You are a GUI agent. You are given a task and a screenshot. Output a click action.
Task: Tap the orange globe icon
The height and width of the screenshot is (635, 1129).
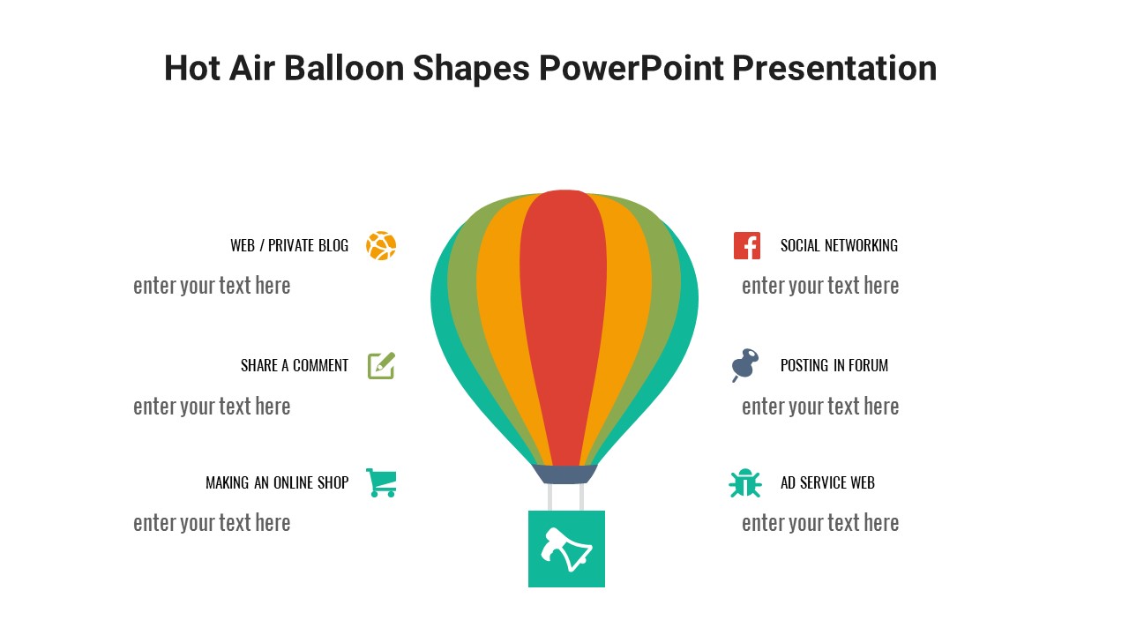(381, 246)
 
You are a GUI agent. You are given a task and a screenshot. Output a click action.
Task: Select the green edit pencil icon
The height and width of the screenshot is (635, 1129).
(381, 365)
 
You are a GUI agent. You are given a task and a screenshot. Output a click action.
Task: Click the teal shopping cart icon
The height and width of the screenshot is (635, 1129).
(381, 482)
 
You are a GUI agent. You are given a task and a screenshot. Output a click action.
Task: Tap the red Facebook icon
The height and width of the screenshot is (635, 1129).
(747, 246)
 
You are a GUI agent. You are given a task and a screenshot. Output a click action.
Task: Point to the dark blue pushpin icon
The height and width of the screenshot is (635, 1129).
(745, 364)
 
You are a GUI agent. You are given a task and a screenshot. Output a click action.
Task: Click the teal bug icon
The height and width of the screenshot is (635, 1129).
(745, 482)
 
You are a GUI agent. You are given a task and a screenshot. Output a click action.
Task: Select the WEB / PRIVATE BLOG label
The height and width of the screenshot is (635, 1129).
(289, 246)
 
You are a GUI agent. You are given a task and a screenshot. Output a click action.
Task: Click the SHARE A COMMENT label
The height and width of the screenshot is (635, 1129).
(295, 365)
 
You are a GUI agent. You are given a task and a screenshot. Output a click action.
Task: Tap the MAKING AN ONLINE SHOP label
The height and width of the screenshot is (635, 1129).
(277, 482)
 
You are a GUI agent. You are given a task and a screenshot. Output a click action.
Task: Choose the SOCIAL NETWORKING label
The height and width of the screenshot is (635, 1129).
(839, 246)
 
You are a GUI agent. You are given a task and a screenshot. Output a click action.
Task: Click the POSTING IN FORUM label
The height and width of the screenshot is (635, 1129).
(834, 365)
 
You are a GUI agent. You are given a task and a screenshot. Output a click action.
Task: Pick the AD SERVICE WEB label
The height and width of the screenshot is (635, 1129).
(827, 482)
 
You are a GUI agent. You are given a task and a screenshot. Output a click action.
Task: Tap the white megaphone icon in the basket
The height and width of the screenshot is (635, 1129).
(566, 549)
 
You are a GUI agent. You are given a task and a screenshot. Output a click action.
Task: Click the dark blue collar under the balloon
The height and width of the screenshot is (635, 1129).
(565, 474)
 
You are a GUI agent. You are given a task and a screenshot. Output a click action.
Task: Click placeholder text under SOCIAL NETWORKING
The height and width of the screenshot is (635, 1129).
(820, 286)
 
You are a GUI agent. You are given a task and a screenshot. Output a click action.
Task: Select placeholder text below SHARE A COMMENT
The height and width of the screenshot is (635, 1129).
(212, 407)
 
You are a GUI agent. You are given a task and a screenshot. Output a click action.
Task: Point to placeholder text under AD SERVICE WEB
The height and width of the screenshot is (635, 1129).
(820, 523)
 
